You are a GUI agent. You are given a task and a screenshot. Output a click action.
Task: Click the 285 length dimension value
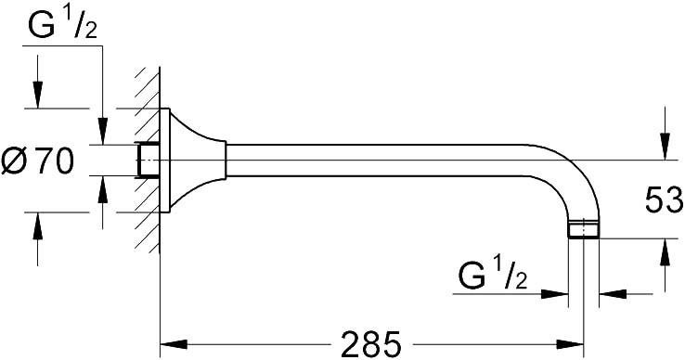click(370, 344)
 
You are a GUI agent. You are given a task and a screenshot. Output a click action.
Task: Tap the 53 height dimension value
click(664, 199)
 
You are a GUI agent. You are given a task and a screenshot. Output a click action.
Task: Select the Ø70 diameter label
click(37, 161)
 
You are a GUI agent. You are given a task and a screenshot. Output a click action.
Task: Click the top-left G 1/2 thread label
click(62, 25)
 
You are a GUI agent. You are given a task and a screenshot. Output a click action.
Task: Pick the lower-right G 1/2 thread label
click(493, 275)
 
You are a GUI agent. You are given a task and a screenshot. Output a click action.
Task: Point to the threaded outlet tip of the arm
click(584, 228)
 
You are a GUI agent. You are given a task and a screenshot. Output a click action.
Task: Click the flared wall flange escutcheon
click(192, 161)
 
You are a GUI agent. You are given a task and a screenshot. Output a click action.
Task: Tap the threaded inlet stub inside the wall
click(149, 161)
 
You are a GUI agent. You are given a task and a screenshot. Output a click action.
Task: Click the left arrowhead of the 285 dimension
click(174, 344)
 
